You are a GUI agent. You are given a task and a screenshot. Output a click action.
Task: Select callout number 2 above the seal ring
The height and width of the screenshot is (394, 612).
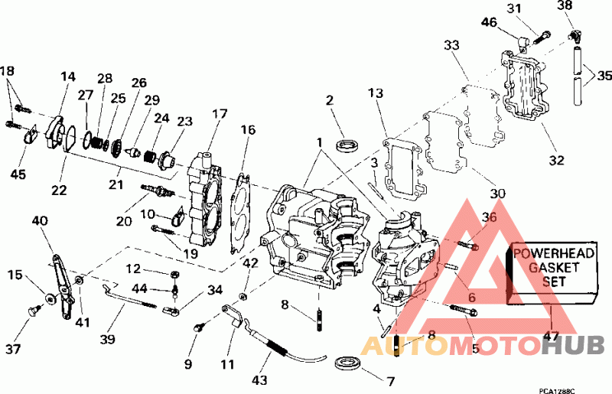click(330, 100)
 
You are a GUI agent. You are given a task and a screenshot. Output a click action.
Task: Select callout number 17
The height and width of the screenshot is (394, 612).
click(220, 115)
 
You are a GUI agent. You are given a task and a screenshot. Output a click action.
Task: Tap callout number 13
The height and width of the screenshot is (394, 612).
click(374, 93)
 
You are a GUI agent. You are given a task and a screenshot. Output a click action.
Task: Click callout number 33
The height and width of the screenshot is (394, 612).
click(452, 46)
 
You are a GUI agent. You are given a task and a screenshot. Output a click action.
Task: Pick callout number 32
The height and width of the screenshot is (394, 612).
click(555, 161)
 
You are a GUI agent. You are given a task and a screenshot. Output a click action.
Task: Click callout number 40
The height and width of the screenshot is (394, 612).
click(39, 220)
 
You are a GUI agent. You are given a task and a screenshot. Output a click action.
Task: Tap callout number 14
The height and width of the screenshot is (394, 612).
click(69, 77)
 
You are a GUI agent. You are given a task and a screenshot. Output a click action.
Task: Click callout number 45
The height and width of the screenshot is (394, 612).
click(18, 174)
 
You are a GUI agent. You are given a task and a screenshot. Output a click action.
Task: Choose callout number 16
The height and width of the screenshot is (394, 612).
click(248, 131)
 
